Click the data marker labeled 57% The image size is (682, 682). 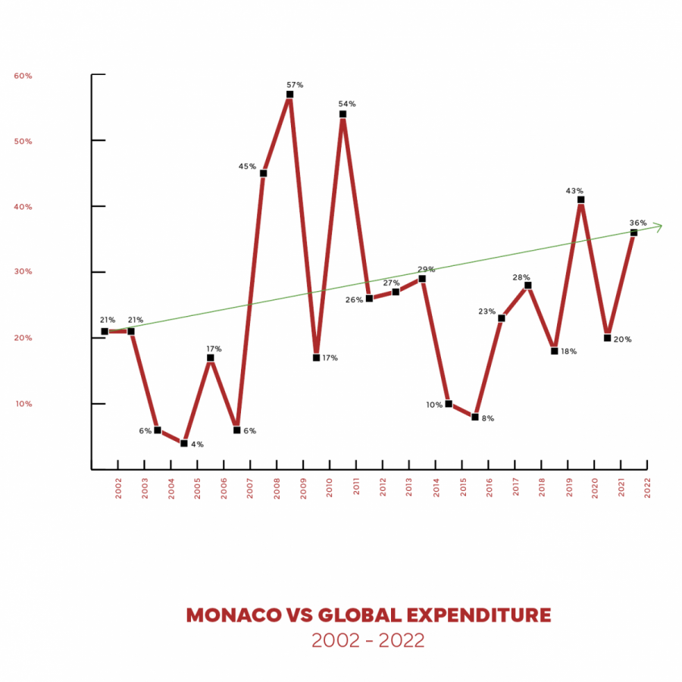[289, 95]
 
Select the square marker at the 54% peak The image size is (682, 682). [343, 114]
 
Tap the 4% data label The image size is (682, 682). [197, 444]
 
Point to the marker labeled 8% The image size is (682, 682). [475, 417]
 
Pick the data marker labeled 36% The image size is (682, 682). [634, 233]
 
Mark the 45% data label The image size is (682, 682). [247, 167]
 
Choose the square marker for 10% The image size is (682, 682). [449, 404]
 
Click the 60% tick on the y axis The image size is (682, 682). [23, 76]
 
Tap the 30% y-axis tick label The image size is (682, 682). [23, 272]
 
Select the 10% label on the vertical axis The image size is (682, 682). [23, 404]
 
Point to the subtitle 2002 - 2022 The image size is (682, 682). [368, 640]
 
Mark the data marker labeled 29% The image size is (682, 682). [422, 279]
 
